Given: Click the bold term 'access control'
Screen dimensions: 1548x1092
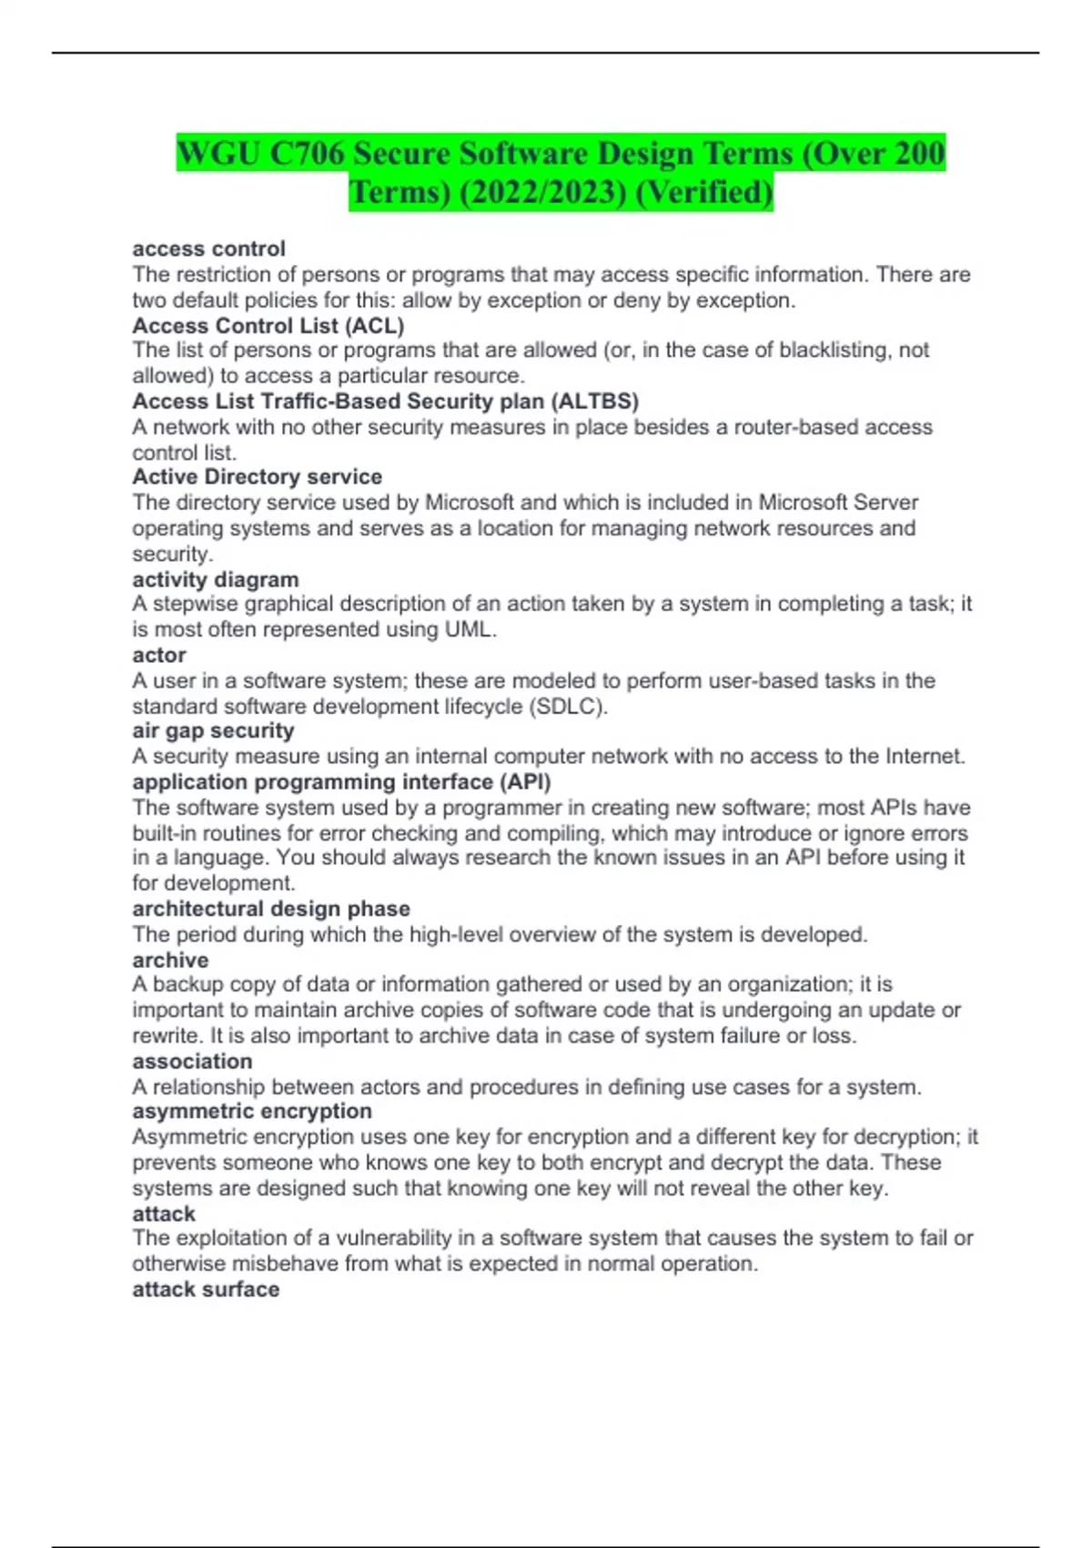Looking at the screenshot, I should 208,249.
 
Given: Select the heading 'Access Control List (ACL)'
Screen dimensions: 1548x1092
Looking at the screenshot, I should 268,325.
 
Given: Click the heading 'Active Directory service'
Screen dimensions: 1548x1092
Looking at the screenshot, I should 257,476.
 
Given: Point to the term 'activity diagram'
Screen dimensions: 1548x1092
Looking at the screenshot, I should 215,579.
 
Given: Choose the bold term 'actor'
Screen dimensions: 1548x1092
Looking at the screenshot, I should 159,655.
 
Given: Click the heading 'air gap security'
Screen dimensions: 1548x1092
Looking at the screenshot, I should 213,730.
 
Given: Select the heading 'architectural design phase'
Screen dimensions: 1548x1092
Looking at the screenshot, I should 271,908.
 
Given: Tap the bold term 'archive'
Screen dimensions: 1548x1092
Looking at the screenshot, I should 170,960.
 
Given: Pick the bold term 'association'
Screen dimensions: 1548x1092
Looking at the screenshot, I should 192,1061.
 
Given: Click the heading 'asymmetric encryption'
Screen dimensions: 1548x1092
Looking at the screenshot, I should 252,1111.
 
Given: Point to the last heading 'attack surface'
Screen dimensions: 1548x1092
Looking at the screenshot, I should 206,1289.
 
